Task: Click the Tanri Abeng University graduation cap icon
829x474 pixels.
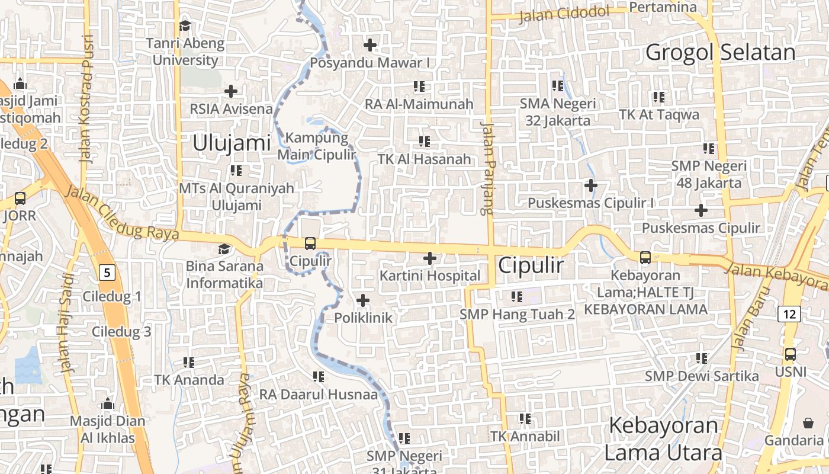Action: (x=185, y=25)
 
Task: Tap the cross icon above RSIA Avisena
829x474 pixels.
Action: (x=231, y=91)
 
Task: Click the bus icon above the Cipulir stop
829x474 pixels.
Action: (x=310, y=243)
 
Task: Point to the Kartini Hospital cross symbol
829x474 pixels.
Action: (x=430, y=258)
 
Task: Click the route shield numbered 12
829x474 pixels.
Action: (x=790, y=314)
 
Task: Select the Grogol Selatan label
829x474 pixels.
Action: (x=720, y=53)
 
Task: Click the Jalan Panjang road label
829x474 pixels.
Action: (x=487, y=169)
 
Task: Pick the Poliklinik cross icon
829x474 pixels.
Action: (x=363, y=300)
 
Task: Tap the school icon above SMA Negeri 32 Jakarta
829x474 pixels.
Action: (x=557, y=87)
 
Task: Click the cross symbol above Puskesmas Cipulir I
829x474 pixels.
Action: (x=590, y=185)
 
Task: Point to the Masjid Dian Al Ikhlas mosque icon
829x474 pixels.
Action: (x=108, y=404)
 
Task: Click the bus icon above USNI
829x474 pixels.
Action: (x=790, y=354)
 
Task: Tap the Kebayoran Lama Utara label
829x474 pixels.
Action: (x=663, y=439)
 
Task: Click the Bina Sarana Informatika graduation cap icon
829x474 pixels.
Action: (x=224, y=249)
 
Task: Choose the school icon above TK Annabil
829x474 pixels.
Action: (x=525, y=419)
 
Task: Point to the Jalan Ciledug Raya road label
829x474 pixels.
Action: (x=121, y=212)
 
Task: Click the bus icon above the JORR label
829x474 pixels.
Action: (x=20, y=198)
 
